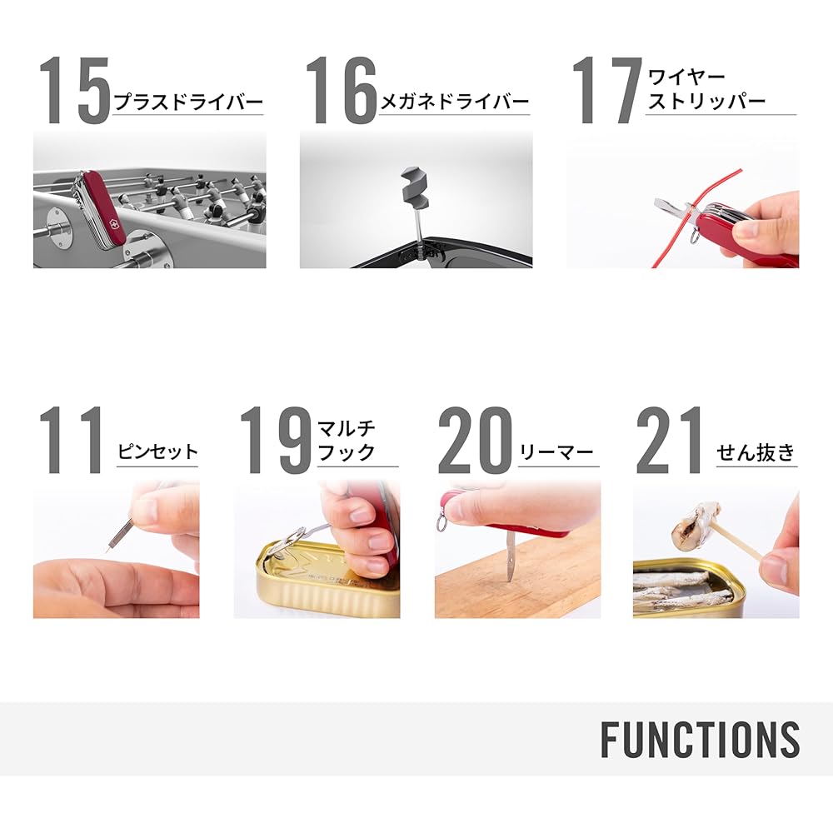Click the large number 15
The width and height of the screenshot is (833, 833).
74,91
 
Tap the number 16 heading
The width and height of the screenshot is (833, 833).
341,91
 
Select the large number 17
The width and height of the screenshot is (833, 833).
607,91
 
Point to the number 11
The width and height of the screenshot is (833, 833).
71,440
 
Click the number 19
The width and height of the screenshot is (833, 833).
275,440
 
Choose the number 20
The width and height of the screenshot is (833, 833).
476,440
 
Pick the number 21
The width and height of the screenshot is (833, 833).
670,440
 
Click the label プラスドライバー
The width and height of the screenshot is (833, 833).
188,102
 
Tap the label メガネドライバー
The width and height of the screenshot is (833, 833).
455,102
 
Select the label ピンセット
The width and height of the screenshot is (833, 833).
157,452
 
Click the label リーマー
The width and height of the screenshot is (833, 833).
556,452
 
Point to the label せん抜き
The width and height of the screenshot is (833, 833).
756,452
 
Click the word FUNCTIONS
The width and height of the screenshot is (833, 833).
701,739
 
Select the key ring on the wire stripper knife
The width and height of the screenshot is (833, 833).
696,236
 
